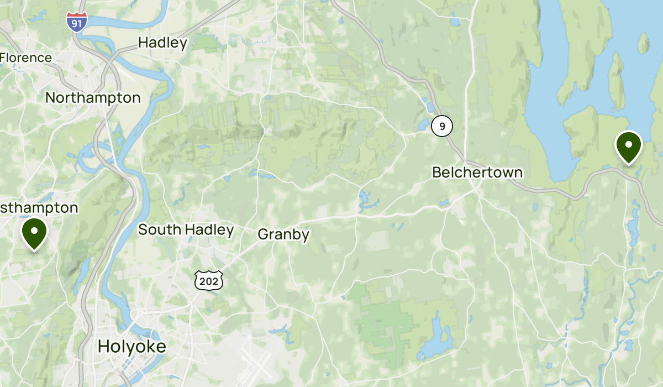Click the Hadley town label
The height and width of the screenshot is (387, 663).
tap(163, 43)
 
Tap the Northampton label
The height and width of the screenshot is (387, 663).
tap(93, 98)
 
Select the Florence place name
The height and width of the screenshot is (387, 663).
tap(26, 57)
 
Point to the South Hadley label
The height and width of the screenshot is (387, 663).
tap(186, 229)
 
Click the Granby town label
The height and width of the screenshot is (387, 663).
tap(283, 234)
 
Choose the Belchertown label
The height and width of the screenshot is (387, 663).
tap(477, 172)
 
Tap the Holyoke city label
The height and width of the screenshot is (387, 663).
tap(131, 347)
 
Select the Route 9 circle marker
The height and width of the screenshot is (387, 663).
tap(442, 127)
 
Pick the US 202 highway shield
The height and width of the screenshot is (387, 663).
tap(209, 281)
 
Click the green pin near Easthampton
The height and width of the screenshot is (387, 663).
tap(34, 233)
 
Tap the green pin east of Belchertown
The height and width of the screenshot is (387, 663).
tap(628, 147)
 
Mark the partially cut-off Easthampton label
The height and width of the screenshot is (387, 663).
tap(39, 208)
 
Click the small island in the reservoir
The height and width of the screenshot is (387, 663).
tap(643, 43)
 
